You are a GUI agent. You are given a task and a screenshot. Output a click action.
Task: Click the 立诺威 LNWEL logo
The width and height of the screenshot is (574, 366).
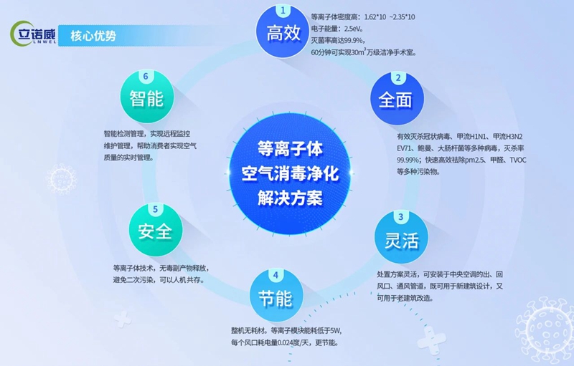[33, 34]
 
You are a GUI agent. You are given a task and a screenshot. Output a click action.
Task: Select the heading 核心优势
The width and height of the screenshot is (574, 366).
[93, 36]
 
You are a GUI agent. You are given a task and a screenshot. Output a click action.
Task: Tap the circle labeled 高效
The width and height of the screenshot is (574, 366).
[283, 32]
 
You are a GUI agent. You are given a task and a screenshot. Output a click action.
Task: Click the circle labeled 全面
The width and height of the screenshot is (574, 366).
[397, 98]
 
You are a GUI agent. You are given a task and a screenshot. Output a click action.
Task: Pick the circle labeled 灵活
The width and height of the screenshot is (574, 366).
[401, 236]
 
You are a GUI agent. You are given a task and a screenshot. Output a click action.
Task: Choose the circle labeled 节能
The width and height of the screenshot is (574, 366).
[276, 295]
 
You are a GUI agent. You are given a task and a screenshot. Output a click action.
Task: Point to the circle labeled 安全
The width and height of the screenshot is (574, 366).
[156, 229]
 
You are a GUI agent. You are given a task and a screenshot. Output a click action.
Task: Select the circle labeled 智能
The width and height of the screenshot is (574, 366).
[147, 97]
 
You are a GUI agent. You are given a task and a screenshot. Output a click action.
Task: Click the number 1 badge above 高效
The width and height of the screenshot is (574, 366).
[283, 11]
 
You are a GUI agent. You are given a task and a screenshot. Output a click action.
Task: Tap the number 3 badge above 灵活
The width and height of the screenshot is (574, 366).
[401, 217]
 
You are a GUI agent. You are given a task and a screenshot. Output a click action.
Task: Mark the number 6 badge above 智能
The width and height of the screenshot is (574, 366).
[146, 77]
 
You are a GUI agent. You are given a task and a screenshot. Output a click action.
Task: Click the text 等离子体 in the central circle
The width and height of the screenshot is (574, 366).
[290, 150]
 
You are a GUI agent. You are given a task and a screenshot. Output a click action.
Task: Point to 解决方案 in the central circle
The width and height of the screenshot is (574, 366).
[290, 198]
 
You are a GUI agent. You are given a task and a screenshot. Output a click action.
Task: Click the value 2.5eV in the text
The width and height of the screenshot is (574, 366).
[353, 29]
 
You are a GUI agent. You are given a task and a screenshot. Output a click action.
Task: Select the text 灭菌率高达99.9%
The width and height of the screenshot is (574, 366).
[337, 41]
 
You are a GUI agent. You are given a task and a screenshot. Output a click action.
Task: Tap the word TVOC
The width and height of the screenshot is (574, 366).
[517, 160]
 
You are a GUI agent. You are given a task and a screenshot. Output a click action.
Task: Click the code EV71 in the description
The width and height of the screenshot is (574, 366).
[405, 149]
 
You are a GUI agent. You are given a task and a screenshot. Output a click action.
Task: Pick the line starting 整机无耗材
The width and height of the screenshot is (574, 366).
[286, 331]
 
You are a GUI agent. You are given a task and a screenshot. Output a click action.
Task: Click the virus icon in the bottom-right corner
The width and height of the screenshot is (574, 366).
[545, 326]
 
